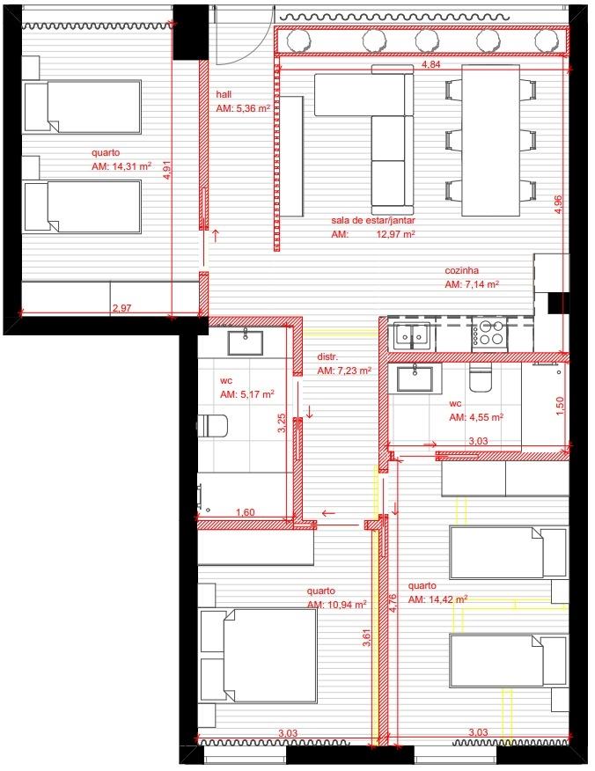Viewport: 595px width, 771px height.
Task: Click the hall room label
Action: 224,94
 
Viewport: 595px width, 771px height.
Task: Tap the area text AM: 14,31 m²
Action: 121,166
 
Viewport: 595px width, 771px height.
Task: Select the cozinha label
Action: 462,270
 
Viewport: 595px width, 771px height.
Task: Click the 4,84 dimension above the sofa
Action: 431,64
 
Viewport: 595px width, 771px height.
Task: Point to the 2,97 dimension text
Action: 122,308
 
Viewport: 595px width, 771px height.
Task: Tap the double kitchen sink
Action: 412,334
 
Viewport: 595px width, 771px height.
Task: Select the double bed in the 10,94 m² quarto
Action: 258,656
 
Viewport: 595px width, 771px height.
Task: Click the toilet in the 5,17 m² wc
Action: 212,426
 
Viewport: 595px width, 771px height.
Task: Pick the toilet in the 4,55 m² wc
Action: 480,378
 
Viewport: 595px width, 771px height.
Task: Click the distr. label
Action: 327,357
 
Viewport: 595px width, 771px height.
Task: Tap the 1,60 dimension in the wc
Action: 246,512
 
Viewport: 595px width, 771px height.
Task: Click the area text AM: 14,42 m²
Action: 437,600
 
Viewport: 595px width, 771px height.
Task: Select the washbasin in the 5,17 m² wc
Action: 245,343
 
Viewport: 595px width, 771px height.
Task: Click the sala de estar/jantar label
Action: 373,221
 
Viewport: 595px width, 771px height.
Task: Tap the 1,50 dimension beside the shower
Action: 560,406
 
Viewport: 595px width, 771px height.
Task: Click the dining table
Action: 491,141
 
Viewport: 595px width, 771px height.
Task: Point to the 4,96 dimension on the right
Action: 558,204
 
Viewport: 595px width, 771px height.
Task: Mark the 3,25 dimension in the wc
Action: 282,422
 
